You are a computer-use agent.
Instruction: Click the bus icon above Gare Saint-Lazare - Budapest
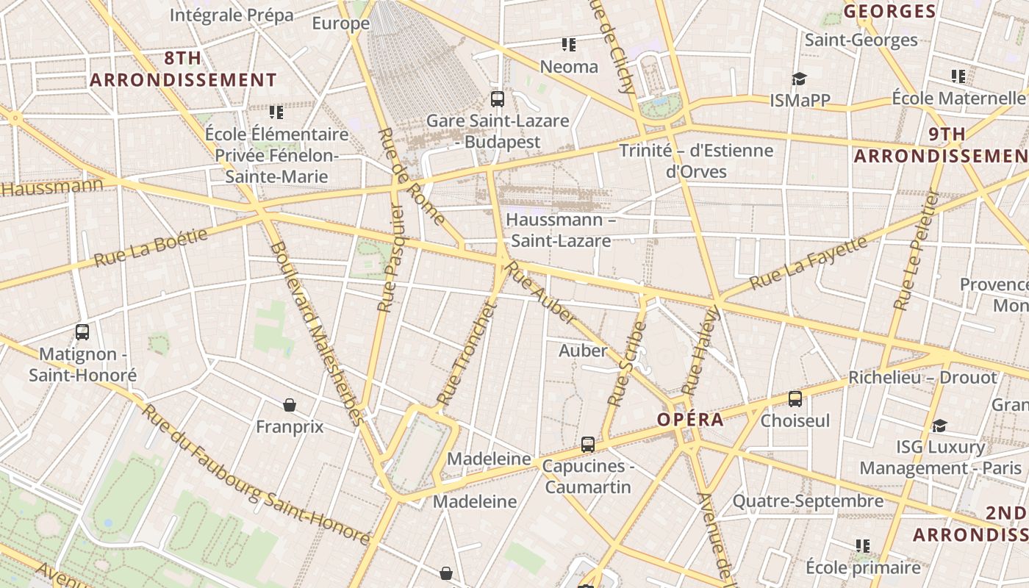[x=498, y=98]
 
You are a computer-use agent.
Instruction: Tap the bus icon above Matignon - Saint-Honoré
[x=82, y=332]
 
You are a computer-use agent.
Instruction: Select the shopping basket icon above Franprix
[x=290, y=405]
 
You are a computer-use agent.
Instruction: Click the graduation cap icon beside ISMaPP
[x=799, y=79]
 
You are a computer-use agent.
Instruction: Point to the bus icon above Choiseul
[x=795, y=399]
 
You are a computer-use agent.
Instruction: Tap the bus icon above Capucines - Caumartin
[x=587, y=444]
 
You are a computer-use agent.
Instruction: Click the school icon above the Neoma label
[x=568, y=45]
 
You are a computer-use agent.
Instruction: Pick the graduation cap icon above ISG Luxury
[x=939, y=426]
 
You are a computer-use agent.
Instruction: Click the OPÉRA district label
[x=690, y=420]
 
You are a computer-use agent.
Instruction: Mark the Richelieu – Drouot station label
[x=922, y=378]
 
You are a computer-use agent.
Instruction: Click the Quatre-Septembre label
[x=808, y=501]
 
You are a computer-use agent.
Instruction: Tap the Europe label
[x=340, y=24]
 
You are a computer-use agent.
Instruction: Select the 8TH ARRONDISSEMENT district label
[x=183, y=69]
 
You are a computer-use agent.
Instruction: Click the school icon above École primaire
[x=862, y=545]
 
